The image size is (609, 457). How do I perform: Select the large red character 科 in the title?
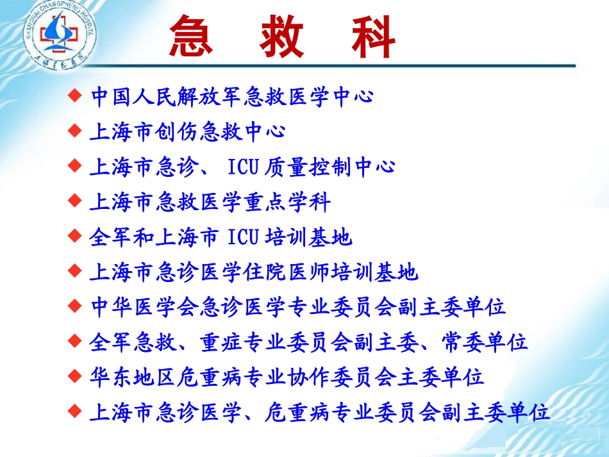[373, 37]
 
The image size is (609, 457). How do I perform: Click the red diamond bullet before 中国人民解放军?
[75, 96]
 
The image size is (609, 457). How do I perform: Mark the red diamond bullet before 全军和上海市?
[75, 237]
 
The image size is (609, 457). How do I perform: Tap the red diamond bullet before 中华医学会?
[75, 306]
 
